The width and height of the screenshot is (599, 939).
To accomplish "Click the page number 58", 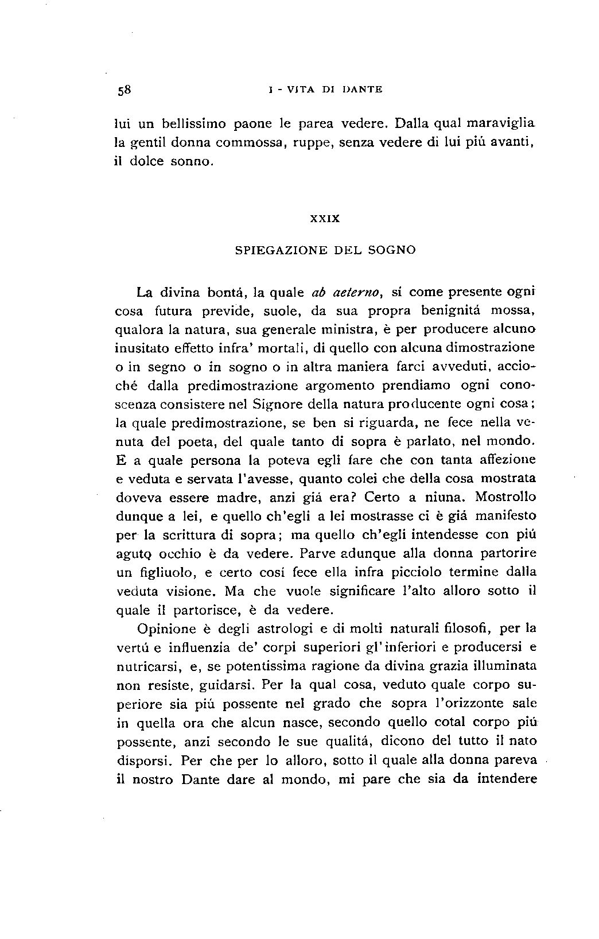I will point(125,90).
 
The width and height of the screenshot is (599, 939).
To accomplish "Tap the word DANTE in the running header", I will point(362,90).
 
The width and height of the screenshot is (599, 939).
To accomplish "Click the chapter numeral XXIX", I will point(325,219).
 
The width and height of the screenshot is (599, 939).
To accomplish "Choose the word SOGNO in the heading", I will point(392,250).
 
